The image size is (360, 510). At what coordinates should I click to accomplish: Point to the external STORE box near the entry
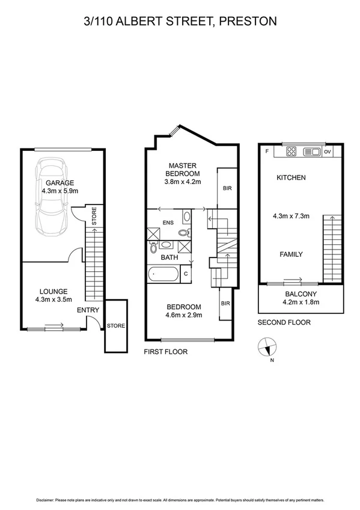coord(115,326)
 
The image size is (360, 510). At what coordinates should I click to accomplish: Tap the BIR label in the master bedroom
coord(227,188)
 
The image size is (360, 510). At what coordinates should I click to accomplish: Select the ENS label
coord(169,223)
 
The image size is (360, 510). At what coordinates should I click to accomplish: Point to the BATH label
coord(169,257)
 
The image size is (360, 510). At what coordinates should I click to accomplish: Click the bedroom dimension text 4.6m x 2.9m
coord(184,314)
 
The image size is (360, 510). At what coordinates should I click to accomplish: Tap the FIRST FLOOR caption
coord(165,352)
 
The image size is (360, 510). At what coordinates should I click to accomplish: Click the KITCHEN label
coord(291,177)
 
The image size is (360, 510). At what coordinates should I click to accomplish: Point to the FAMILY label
coord(291,254)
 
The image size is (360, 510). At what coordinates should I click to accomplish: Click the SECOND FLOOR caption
coord(284,322)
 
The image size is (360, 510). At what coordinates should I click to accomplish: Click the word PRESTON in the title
coord(248,22)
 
